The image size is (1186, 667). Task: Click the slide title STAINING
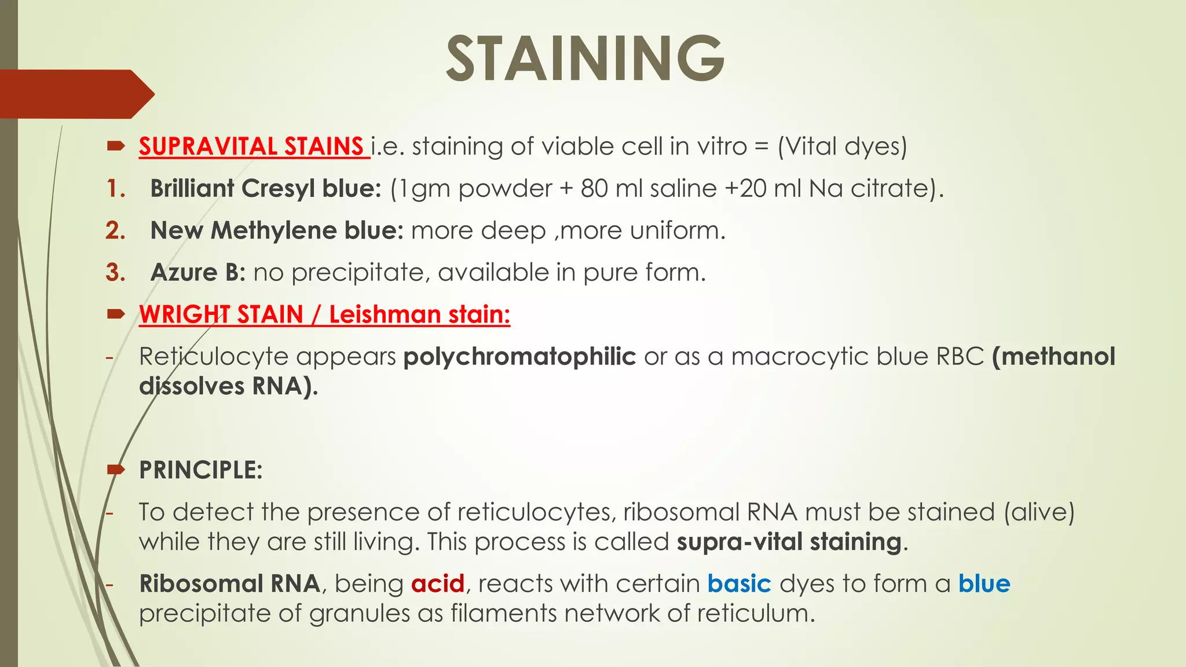[x=585, y=58]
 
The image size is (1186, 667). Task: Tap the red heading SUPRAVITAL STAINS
[x=251, y=146]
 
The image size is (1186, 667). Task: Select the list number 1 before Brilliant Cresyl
[x=115, y=188]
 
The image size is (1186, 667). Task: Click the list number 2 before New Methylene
[x=115, y=230]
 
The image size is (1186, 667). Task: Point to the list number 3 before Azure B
[x=115, y=272]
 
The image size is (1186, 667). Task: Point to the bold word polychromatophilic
[x=519, y=356]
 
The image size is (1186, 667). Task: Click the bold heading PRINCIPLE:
[x=200, y=470]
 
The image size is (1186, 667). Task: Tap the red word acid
[x=438, y=583]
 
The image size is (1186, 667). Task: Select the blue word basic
[x=739, y=583]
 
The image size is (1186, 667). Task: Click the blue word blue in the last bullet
[x=984, y=583]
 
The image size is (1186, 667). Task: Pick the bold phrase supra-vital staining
[x=789, y=542]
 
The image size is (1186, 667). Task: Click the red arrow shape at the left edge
[x=75, y=94]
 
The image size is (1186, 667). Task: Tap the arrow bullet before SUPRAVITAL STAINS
[x=116, y=146]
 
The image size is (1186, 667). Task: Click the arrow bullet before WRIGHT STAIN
[x=116, y=314]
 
